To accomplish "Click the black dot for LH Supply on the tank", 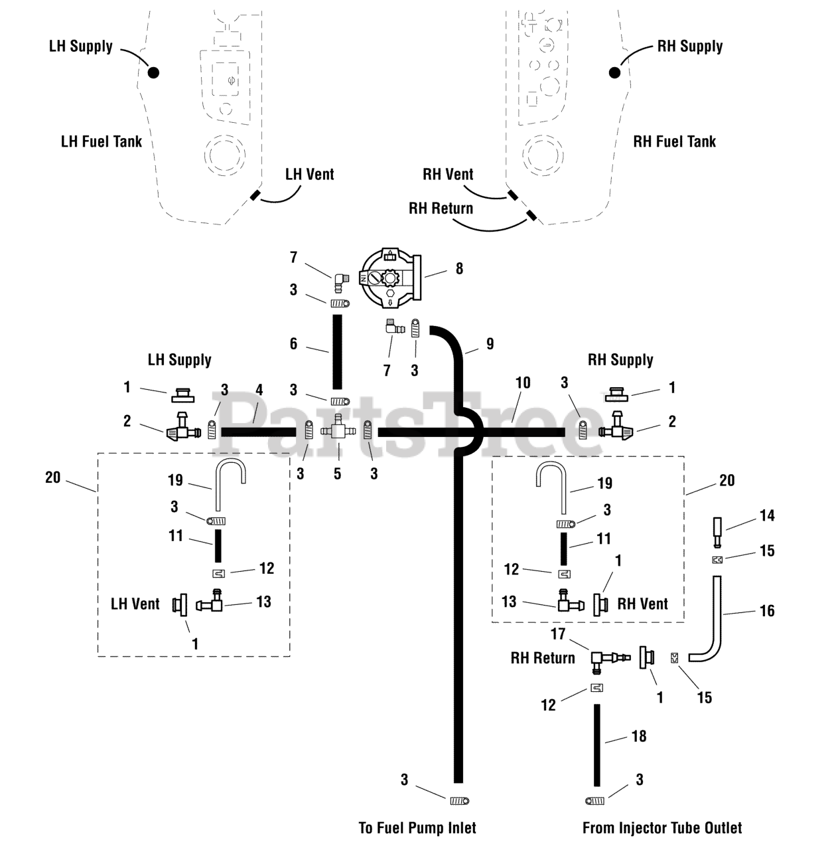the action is (x=153, y=72).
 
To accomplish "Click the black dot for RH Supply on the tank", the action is (x=614, y=72).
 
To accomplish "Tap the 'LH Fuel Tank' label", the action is (x=102, y=141).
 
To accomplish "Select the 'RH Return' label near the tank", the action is (x=441, y=209).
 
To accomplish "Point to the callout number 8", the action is (x=459, y=268).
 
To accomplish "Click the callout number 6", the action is (x=293, y=343).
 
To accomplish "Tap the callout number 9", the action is (x=490, y=343).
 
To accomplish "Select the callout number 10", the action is (x=523, y=382).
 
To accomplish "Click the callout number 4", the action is (x=259, y=390).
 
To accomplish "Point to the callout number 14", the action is (x=767, y=515).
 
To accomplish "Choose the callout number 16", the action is (x=767, y=610).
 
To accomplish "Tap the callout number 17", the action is (x=558, y=634).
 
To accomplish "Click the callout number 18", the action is (x=639, y=736).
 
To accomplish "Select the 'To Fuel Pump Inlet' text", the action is (x=417, y=828).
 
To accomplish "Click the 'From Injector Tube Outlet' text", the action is (x=662, y=828).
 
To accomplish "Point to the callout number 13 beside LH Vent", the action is (x=263, y=602).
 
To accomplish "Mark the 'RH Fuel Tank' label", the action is (x=674, y=141).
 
